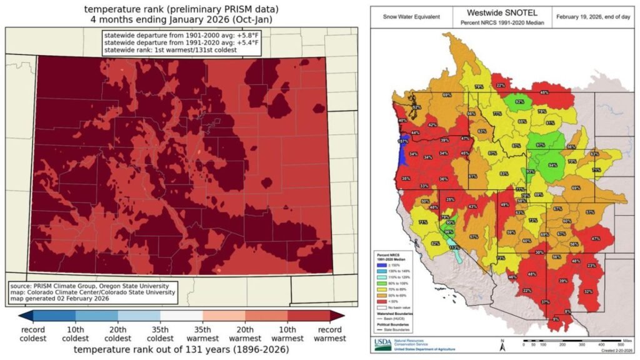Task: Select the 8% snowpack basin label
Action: coord(567,311)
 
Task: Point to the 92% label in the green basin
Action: coord(519,101)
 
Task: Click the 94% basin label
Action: coord(552,166)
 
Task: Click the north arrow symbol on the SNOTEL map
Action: coord(502,343)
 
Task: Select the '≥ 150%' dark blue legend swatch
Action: coord(379,265)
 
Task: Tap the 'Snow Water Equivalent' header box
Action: coord(409,17)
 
